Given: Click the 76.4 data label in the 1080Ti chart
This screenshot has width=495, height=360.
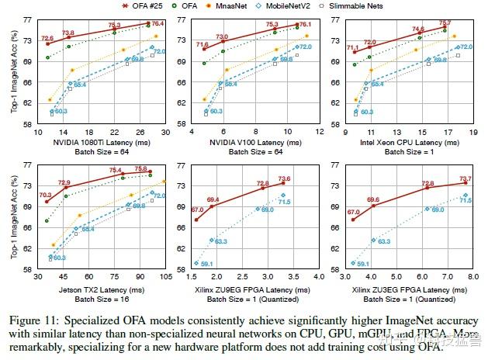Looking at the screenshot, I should tap(156, 24).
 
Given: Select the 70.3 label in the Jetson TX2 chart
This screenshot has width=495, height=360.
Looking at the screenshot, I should tap(46, 196).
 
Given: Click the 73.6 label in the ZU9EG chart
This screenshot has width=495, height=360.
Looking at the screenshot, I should tap(284, 179).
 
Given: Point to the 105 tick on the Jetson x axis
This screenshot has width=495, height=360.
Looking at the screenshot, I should tap(164, 277).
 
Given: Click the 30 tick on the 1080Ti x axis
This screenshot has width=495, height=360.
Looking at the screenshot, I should tap(164, 133).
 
